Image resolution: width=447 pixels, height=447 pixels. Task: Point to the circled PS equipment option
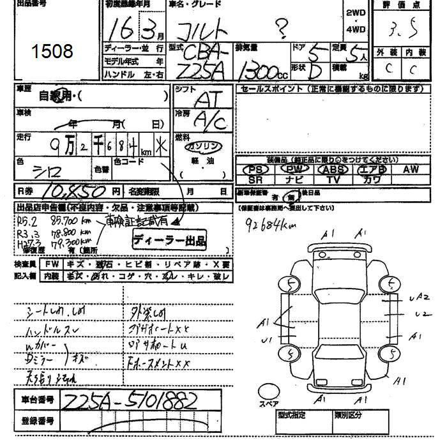258,169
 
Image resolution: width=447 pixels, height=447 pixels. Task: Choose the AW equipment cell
410,169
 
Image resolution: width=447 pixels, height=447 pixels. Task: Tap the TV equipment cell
333,180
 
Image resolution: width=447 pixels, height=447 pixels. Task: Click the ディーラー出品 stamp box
169,241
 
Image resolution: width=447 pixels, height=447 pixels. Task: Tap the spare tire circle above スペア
268,390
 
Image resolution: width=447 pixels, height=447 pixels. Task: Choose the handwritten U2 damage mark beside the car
420,314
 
